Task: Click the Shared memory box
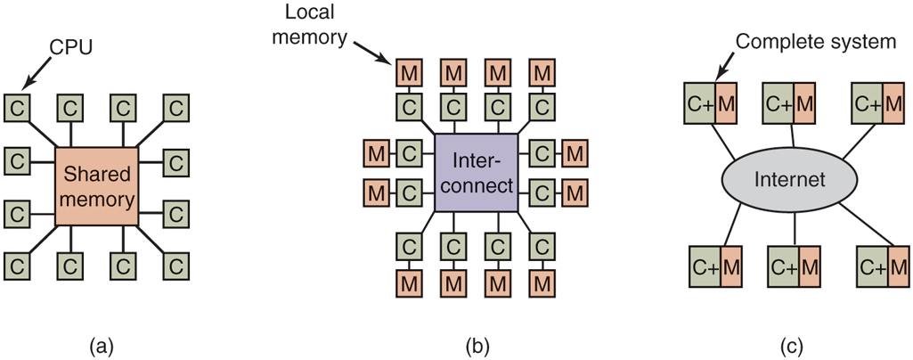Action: pyautogui.click(x=96, y=186)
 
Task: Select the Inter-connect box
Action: pyautogui.click(x=476, y=174)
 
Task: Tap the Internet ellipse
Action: pyautogui.click(x=790, y=179)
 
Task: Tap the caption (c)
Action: pyautogui.click(x=791, y=344)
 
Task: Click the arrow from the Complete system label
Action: pyautogui.click(x=724, y=63)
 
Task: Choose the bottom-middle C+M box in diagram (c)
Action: pyautogui.click(x=792, y=266)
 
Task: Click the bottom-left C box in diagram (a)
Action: pyautogui.click(x=15, y=265)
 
